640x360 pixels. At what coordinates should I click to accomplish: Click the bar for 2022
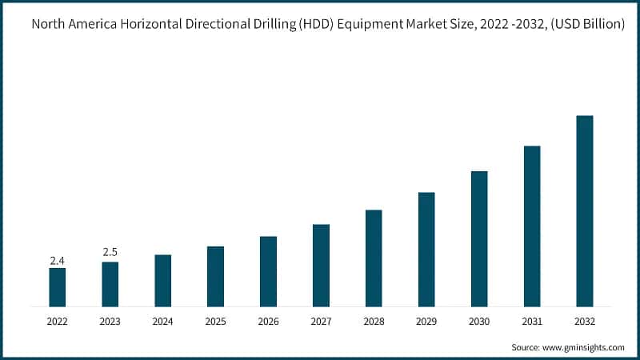[57, 287]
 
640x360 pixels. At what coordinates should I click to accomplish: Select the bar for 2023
[110, 284]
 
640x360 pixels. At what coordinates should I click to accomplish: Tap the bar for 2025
[215, 276]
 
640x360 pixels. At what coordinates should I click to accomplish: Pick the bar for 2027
[321, 265]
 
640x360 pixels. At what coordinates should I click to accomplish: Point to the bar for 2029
[426, 249]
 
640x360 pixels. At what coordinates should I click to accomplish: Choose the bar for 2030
[479, 238]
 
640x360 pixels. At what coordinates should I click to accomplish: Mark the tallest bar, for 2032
[585, 210]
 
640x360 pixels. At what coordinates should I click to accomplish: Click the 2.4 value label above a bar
[57, 261]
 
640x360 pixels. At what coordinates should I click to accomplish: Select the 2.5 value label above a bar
[110, 253]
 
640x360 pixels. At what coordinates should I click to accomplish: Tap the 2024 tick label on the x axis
[162, 322]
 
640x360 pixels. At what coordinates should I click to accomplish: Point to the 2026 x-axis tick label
[268, 322]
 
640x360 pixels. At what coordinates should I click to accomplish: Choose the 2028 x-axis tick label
[374, 322]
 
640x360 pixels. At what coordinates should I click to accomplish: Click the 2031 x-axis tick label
[532, 322]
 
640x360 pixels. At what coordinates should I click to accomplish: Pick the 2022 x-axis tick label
[57, 322]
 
